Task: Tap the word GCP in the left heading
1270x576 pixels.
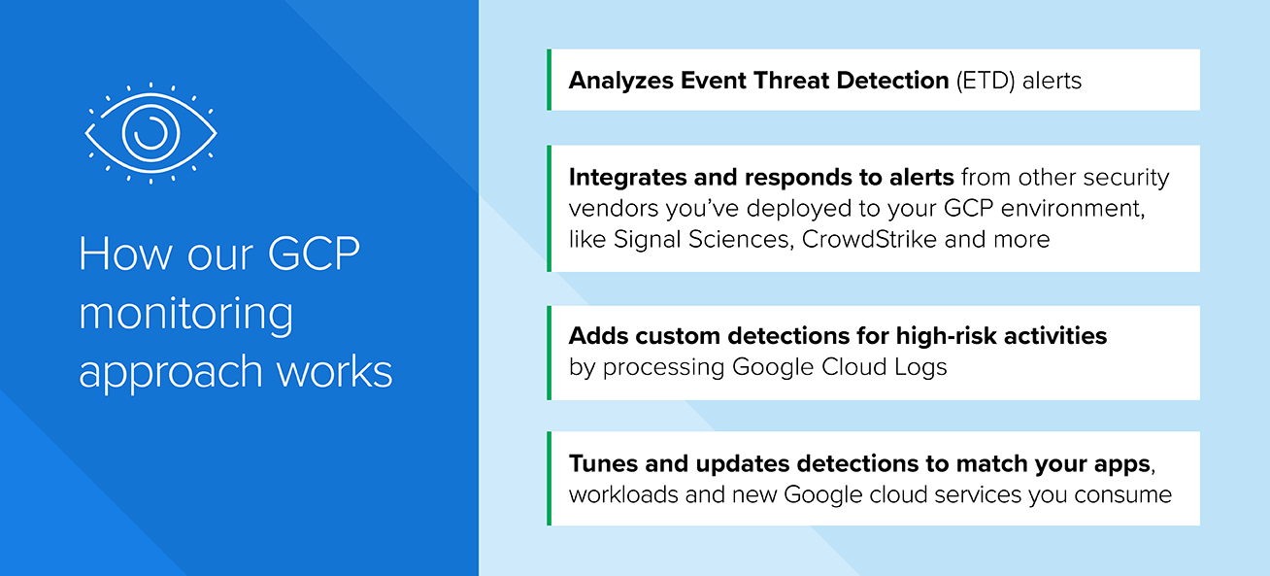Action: point(314,254)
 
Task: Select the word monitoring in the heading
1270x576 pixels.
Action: point(186,315)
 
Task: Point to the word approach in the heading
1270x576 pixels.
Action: point(171,374)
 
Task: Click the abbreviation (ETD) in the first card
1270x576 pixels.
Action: point(986,81)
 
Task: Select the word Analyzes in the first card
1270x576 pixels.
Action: point(620,81)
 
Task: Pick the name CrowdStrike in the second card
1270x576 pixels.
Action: point(869,239)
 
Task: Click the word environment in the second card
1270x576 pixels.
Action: point(1072,209)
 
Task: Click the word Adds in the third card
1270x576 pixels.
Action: point(598,336)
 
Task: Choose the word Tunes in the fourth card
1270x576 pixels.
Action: point(603,463)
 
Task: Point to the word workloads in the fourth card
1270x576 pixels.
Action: point(623,494)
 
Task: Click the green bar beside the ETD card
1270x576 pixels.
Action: point(549,80)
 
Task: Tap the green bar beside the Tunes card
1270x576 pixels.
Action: point(549,479)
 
